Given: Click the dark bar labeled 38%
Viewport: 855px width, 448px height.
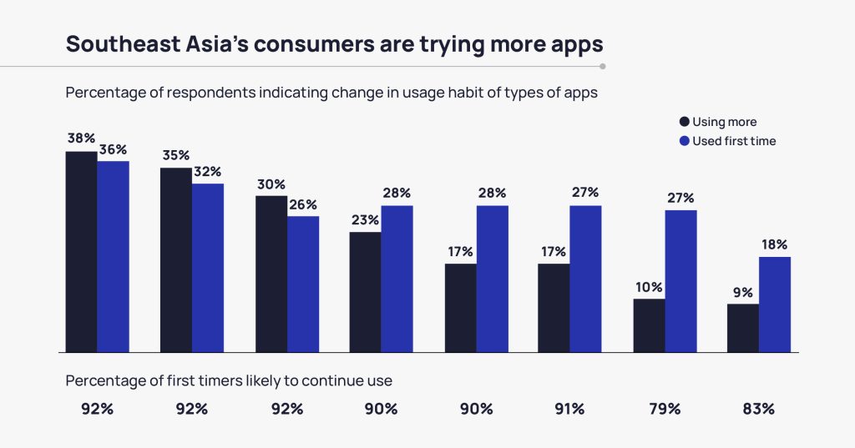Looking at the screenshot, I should (81, 251).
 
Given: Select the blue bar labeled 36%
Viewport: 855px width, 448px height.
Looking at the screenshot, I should (113, 256).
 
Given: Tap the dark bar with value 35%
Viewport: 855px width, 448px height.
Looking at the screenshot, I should (176, 259).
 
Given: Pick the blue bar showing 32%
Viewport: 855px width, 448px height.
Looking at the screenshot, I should (208, 267).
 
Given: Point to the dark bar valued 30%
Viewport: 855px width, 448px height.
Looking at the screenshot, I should (271, 274).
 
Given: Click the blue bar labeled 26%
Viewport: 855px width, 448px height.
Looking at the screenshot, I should (303, 284).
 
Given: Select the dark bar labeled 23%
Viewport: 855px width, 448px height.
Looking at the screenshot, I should (366, 292).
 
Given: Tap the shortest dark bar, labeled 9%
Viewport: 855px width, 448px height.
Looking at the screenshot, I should (743, 328).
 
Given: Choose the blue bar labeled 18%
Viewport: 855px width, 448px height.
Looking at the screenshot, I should (775, 305).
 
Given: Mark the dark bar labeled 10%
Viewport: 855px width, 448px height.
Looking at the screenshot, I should (649, 325).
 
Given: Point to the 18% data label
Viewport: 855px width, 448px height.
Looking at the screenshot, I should (774, 245).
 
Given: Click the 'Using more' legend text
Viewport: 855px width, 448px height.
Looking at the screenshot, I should (724, 122).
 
